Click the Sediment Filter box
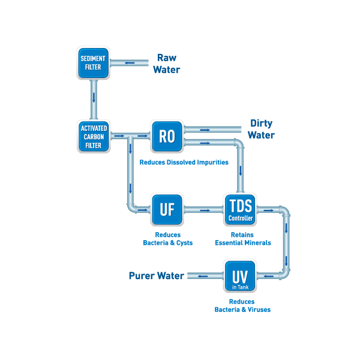click(94, 63)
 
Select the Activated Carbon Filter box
click(94, 136)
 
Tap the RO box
click(166, 136)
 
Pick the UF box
click(166, 209)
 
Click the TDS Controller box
click(239, 209)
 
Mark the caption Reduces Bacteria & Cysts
click(167, 239)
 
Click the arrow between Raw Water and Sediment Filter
click(130, 62)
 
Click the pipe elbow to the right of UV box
click(284, 274)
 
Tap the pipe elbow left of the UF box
click(132, 207)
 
